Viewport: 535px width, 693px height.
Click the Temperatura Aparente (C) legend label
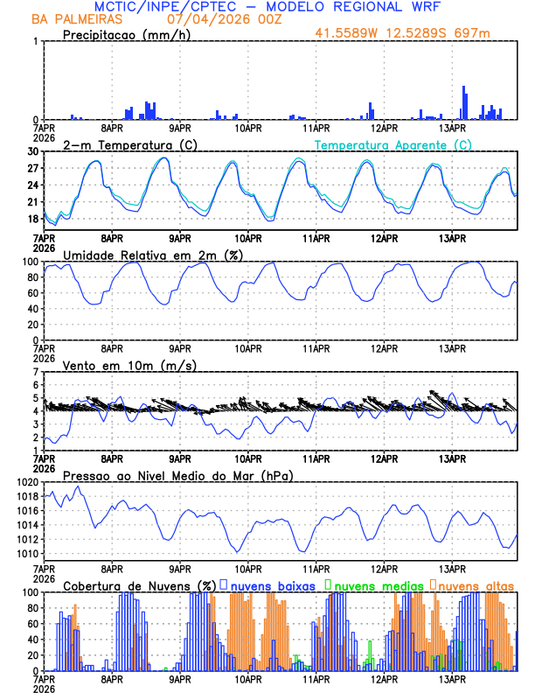coord(393,144)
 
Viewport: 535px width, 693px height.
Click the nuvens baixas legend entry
coord(272,585)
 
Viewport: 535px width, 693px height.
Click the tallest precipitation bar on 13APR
coord(463,102)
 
